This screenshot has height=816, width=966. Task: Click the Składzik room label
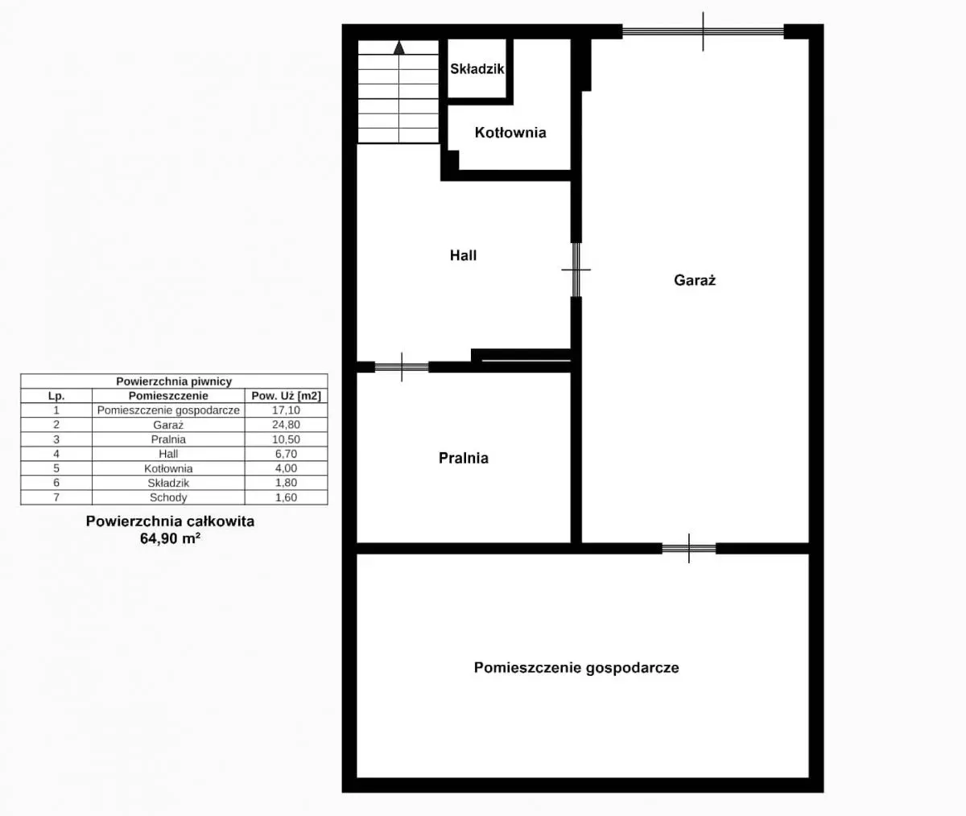click(x=477, y=69)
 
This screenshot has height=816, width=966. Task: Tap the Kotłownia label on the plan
click(x=510, y=133)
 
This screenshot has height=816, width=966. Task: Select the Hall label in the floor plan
click(x=463, y=255)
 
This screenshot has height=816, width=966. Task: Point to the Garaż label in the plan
click(x=695, y=280)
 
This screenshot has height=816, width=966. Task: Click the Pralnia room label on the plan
click(x=464, y=458)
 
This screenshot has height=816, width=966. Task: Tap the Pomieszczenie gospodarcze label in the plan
click(x=576, y=668)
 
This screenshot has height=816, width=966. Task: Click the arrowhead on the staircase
click(x=398, y=47)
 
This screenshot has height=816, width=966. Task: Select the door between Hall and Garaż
click(x=576, y=270)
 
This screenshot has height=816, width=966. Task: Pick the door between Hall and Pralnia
click(x=402, y=367)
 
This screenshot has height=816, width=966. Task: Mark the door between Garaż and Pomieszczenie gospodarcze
click(x=689, y=549)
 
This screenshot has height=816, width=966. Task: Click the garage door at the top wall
click(x=704, y=32)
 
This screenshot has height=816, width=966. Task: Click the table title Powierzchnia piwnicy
click(x=174, y=381)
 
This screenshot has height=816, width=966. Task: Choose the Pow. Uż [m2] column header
click(x=286, y=395)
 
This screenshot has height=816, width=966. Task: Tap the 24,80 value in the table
click(x=286, y=425)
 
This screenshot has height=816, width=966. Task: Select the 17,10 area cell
click(x=286, y=410)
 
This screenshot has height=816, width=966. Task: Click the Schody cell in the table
click(x=168, y=497)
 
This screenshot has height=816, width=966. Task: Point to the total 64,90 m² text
click(x=170, y=538)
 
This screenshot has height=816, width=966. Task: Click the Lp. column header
click(x=56, y=396)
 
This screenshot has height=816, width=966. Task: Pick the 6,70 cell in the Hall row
click(x=286, y=454)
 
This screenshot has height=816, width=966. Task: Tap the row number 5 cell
click(x=56, y=468)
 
